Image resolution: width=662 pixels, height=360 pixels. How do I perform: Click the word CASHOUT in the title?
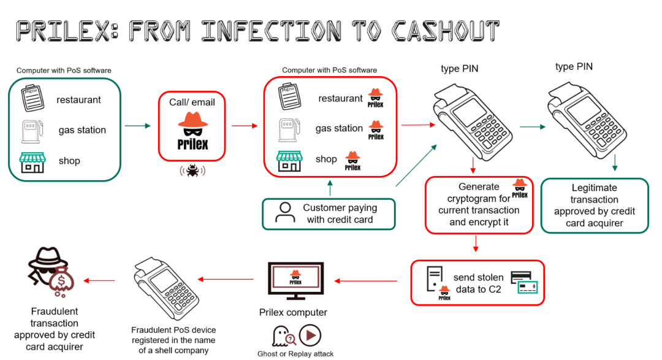point(446,30)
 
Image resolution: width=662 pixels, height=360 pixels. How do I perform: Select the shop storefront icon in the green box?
point(32,161)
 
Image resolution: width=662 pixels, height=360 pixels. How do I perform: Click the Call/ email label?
point(192,102)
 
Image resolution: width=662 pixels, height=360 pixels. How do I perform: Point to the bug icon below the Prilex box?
point(192,170)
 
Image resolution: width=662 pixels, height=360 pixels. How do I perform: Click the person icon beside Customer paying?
point(284,212)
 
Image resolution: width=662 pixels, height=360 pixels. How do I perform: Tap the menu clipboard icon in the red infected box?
point(288,98)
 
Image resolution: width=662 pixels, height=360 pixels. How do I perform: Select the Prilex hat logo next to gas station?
point(376,130)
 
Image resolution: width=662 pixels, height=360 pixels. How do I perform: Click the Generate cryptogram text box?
point(479,204)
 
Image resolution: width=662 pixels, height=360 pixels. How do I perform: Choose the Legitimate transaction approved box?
point(594,205)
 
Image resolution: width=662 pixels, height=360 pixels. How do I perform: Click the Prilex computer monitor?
point(295,280)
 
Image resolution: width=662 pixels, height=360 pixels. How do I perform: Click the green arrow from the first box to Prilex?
point(137,126)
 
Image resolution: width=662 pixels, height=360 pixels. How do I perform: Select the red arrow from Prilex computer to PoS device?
point(227,280)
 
